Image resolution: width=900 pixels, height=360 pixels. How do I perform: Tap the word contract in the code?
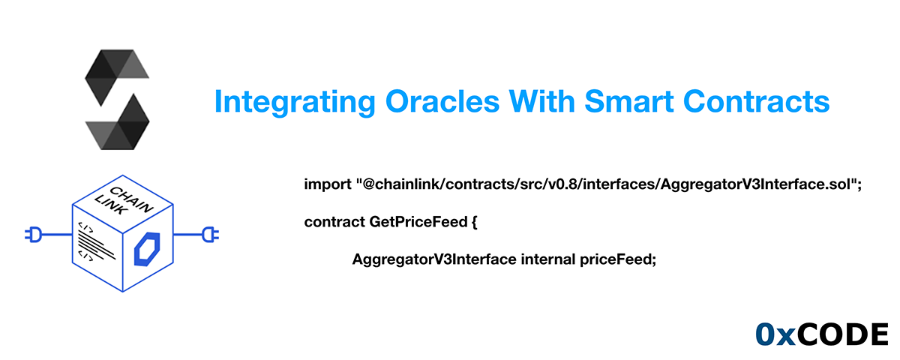(x=334, y=222)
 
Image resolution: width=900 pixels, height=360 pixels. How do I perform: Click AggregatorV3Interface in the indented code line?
(x=433, y=259)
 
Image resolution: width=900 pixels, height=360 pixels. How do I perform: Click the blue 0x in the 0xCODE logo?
(x=773, y=335)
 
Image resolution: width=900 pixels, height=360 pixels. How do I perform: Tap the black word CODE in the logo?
(x=841, y=335)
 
